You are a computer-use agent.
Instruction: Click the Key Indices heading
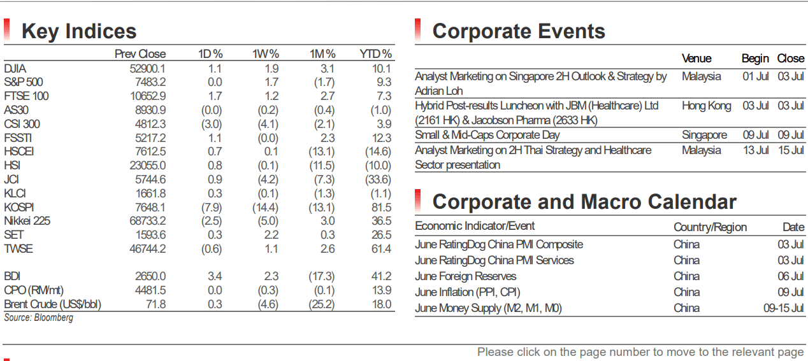[79, 31]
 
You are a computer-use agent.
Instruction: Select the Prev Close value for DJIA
[148, 69]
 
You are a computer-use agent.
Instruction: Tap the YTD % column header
[375, 54]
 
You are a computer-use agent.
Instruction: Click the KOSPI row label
[18, 208]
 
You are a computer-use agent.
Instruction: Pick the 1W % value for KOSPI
[265, 208]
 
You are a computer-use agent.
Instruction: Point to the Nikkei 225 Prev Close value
[148, 221]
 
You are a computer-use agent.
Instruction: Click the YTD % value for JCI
[378, 180]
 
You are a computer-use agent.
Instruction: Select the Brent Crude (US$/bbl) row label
[52, 304]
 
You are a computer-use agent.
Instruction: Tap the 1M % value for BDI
[321, 276]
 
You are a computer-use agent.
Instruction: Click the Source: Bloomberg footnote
[39, 318]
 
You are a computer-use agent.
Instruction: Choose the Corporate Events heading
[519, 31]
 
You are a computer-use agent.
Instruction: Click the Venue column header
[696, 59]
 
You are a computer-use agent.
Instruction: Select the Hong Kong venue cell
[706, 106]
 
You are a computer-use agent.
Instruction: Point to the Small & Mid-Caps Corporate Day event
[487, 135]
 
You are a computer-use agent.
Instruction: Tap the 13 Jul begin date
[756, 150]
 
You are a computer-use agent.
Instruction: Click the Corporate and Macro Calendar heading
[584, 202]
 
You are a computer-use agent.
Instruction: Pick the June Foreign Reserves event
[465, 276]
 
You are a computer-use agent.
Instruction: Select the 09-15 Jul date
[784, 308]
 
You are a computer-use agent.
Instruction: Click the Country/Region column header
[710, 227]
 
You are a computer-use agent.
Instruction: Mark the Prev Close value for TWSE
[148, 249]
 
